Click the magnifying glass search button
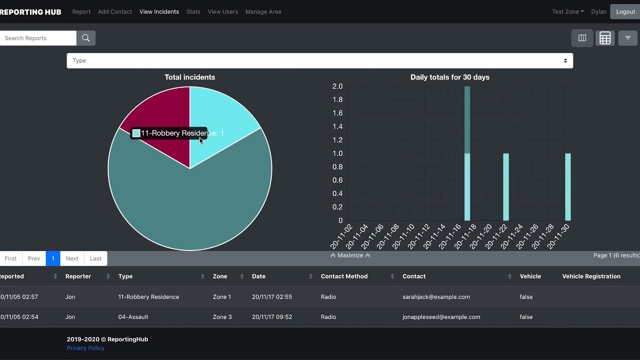coord(85,38)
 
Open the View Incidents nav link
coord(159,11)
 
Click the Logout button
coord(625,11)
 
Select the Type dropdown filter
coord(320,60)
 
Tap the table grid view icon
coord(605,38)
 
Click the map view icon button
coord(582,38)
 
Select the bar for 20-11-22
coord(506,187)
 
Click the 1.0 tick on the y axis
coord(337,153)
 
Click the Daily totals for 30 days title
coord(449,77)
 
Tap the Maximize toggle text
coord(350,255)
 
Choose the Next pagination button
coord(72,258)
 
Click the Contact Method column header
coord(344,276)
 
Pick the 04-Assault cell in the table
coord(133,316)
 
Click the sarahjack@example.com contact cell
coord(436,296)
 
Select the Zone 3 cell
coord(222,316)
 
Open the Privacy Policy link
coord(85,348)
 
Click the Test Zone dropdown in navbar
coord(567,11)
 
